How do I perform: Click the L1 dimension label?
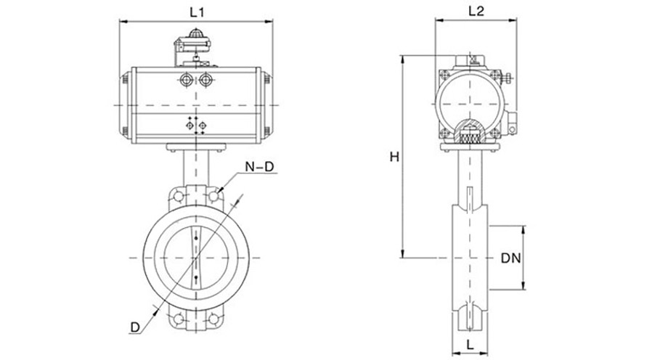pos(197,12)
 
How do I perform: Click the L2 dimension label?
pos(476,11)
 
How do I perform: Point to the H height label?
pos(394,156)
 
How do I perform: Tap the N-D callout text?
pos(259,168)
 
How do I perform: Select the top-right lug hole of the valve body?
pos(214,196)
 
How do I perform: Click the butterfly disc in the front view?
pos(196,257)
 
